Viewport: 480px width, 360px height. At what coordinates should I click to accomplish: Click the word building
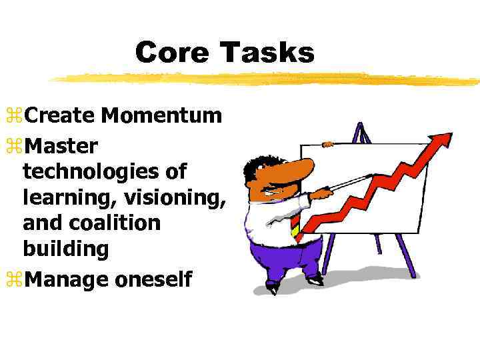pyautogui.click(x=65, y=249)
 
